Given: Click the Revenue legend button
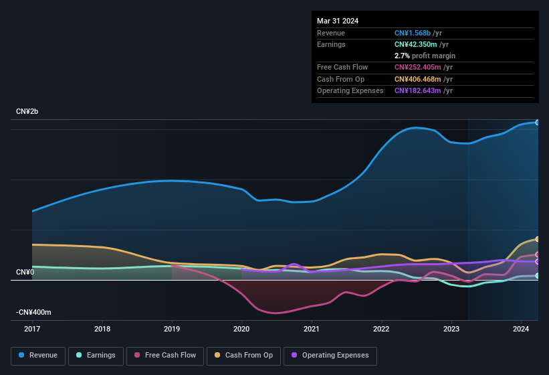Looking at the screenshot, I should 38,356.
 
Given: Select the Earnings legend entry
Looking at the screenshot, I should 96,356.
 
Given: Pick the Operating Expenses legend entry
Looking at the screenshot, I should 330,356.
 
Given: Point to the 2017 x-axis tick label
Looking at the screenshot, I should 32,329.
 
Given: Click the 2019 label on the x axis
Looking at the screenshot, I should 172,329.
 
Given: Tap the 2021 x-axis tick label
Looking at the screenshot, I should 311,329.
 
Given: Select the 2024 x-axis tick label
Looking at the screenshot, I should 521,329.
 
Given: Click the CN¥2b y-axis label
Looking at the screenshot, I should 27,111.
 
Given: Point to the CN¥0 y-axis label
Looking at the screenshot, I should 25,272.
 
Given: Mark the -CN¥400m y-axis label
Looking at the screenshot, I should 33,313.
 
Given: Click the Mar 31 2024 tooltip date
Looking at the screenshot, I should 338,21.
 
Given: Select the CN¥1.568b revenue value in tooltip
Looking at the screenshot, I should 413,33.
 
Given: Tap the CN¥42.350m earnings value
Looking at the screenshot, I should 417,44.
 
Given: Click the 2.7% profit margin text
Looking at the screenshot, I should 425,56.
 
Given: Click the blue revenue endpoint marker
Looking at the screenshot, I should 537,123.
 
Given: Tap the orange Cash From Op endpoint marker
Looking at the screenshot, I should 537,239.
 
